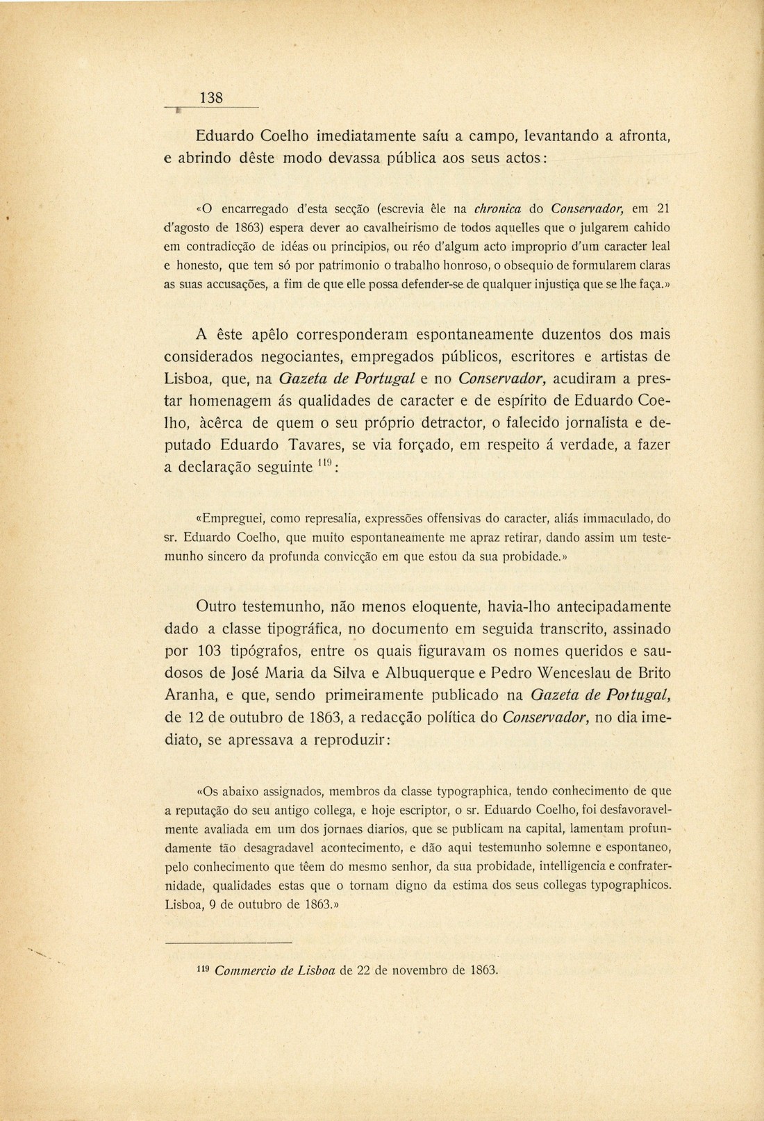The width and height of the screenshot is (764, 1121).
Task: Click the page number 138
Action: tap(211, 98)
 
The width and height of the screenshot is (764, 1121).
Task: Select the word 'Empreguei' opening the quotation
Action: tap(231, 517)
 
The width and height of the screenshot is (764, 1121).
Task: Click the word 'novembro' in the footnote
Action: tap(422, 970)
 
